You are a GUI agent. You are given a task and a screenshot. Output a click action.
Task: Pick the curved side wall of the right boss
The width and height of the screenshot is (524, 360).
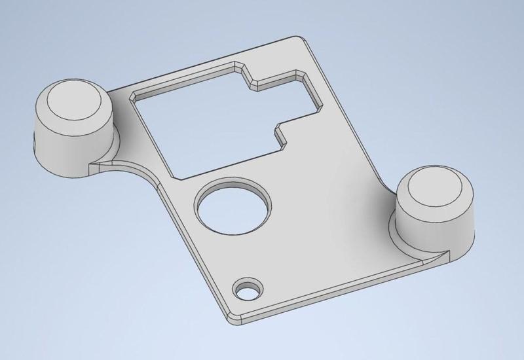tap(432, 232)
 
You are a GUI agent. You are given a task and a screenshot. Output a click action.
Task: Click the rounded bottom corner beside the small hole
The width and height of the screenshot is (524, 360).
tap(232, 319)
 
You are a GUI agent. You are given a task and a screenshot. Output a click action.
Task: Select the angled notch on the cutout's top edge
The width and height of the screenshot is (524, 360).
tap(246, 75)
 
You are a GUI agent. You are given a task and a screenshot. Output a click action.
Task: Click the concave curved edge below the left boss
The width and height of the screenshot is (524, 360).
tap(131, 164)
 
